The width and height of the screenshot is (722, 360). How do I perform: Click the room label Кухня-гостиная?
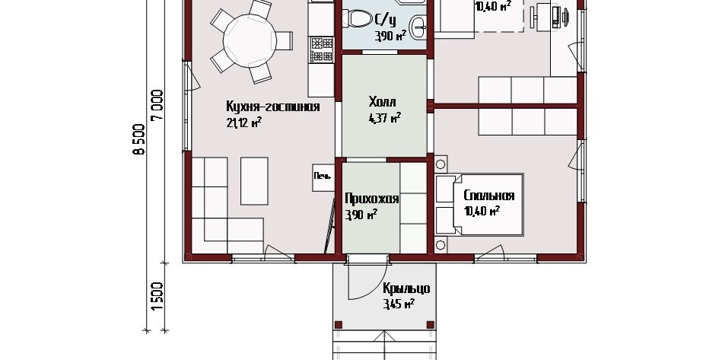pyautogui.click(x=272, y=107)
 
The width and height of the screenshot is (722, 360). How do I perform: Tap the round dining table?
pyautogui.click(x=250, y=40)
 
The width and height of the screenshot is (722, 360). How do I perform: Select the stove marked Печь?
pyautogui.click(x=323, y=177)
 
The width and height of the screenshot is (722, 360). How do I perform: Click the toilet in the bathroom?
pyautogui.click(x=358, y=19)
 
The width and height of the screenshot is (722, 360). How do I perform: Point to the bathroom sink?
pyautogui.click(x=418, y=27)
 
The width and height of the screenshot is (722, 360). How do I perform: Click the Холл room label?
pyautogui.click(x=382, y=101)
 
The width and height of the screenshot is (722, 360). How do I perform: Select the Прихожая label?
pyautogui.click(x=371, y=199)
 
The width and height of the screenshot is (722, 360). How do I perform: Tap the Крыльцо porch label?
pyautogui.click(x=406, y=288)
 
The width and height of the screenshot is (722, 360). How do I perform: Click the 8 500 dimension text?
pyautogui.click(x=139, y=140)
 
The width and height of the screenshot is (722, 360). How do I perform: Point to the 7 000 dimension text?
pyautogui.click(x=157, y=106)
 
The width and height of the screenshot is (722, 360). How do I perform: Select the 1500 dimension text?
pyautogui.click(x=157, y=295)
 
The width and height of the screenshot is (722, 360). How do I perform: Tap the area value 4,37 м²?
pyautogui.click(x=384, y=118)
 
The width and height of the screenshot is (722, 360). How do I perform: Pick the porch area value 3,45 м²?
pyautogui.click(x=399, y=304)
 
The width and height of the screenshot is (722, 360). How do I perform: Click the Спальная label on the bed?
pyautogui.click(x=488, y=196)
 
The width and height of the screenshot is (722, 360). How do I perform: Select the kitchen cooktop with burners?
pyautogui.click(x=322, y=49)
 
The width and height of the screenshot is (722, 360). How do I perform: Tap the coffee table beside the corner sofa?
pyautogui.click(x=254, y=181)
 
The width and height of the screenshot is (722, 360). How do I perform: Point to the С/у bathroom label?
pyautogui.click(x=386, y=20)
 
